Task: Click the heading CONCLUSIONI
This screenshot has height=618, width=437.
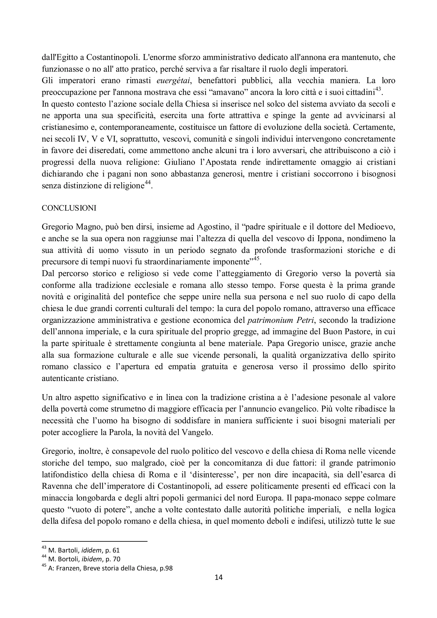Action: (69, 208)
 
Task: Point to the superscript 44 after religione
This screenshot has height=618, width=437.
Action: (147, 183)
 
